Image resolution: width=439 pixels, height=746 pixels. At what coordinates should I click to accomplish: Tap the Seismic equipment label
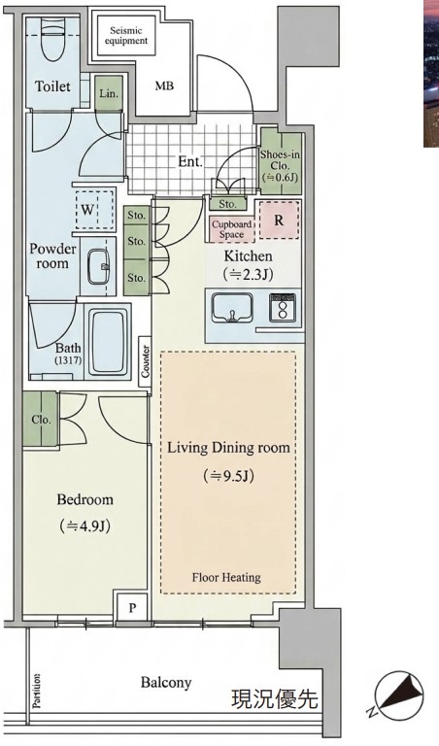point(126,36)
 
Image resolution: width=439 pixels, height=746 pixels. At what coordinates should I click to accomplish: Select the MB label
point(164,86)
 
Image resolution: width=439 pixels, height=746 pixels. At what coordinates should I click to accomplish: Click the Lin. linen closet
point(109,94)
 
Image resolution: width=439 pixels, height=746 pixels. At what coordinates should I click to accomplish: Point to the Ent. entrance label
point(190,162)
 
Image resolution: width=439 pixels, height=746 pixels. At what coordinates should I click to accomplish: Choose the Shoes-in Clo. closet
point(281,163)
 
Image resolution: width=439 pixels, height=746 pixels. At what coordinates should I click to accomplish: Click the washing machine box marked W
point(94,210)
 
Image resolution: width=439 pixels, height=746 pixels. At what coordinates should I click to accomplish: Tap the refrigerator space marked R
point(279,220)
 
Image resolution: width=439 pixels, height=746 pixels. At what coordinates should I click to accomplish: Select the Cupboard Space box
point(231,229)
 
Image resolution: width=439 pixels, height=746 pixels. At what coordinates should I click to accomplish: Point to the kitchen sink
point(232,308)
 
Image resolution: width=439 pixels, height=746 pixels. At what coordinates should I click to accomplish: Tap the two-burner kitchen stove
point(283,307)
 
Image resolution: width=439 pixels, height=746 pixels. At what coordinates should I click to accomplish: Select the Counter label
point(146,361)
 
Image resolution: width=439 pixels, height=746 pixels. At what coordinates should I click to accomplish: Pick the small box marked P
point(132,607)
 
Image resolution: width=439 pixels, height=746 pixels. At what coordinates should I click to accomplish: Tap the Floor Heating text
point(226,578)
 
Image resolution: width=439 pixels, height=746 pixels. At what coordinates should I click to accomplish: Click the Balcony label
point(166,683)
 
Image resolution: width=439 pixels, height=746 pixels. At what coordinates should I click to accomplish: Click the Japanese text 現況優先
point(275,698)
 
